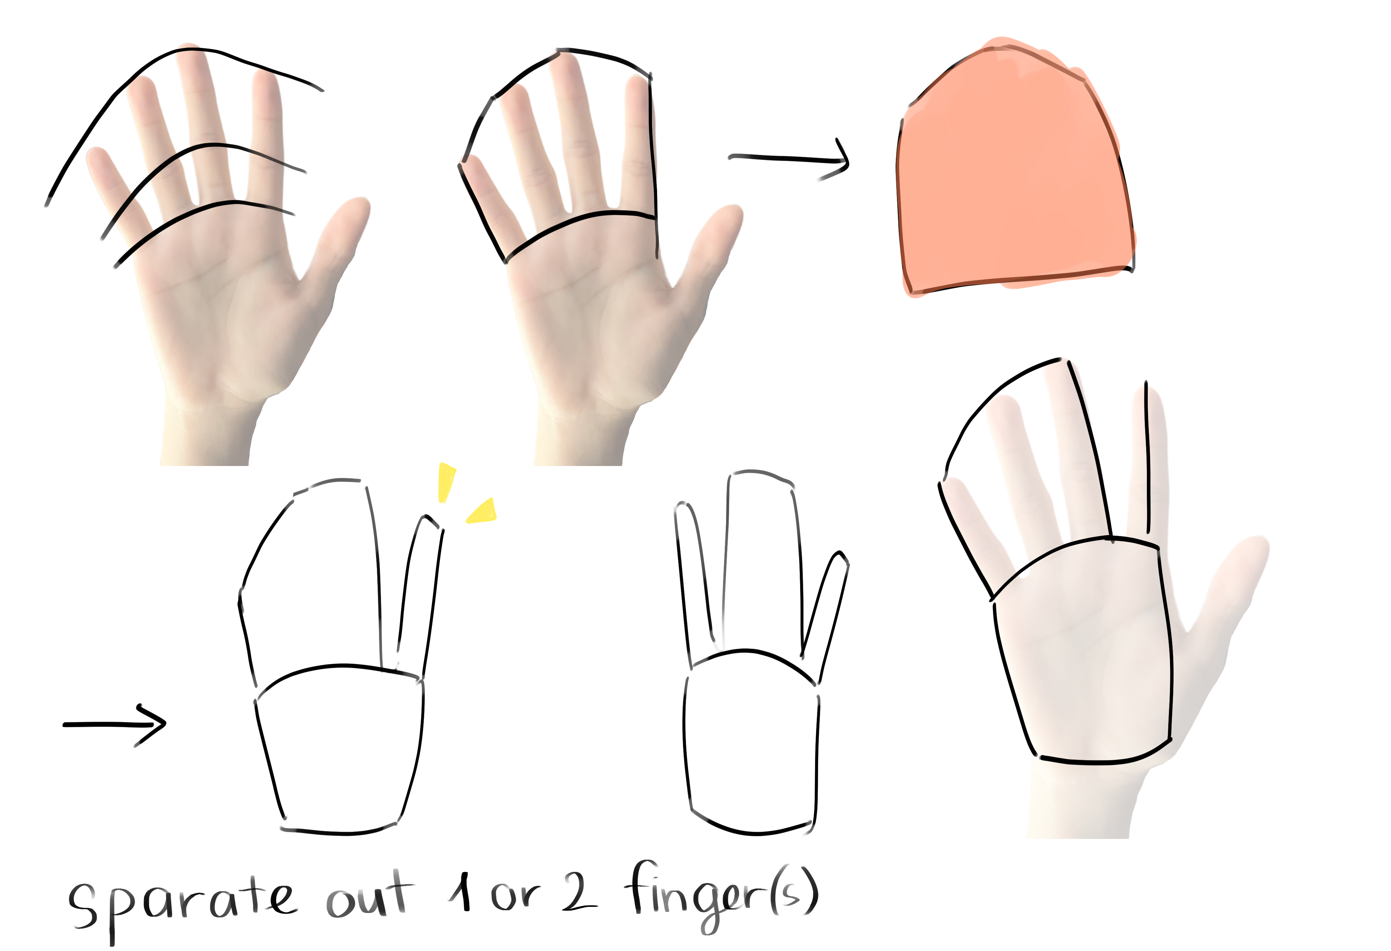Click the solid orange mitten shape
point(1012,174)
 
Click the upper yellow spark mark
point(447,482)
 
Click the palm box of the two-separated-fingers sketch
point(751,748)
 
